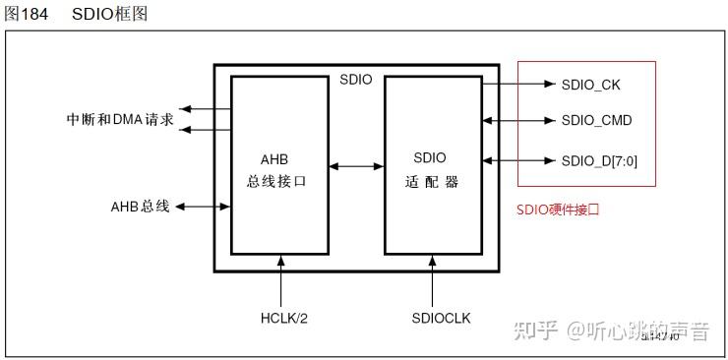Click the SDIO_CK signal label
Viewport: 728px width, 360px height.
[590, 85]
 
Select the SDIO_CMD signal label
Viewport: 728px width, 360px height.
[596, 121]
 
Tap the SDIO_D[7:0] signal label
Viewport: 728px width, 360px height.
[599, 159]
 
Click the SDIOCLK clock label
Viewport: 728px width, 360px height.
[434, 318]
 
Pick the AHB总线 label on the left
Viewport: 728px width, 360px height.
[141, 207]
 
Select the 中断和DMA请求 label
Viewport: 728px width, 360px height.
[120, 120]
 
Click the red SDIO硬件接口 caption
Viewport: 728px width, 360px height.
[558, 210]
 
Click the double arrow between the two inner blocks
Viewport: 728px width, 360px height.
[356, 165]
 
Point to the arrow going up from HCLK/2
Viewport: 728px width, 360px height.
[280, 280]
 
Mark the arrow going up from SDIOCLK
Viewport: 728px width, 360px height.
[434, 280]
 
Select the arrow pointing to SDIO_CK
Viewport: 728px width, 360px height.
[518, 85]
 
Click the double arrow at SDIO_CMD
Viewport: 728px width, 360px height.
[518, 122]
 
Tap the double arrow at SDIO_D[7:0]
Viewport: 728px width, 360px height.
[518, 159]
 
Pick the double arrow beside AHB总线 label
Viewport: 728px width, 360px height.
[204, 207]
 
